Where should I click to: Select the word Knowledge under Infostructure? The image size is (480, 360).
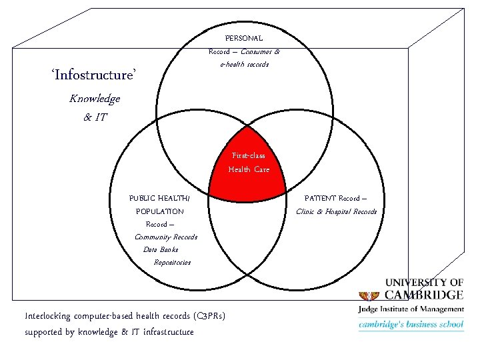point(95,99)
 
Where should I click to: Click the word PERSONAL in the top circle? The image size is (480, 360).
point(244,39)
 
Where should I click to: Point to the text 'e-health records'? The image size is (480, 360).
point(244,64)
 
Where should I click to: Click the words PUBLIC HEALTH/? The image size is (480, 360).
point(159,198)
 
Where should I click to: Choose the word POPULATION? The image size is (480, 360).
point(160,211)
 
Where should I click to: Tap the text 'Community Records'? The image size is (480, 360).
point(166,237)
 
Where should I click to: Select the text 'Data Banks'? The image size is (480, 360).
point(161,249)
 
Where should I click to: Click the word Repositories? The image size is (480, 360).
point(172,262)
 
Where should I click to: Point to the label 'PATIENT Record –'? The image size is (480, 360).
point(335,198)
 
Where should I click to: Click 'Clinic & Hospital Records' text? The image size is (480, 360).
point(337,211)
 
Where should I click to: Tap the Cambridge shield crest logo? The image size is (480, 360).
point(369,294)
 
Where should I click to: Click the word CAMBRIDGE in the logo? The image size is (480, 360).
point(423,295)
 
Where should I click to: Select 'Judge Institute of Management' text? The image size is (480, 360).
point(411,309)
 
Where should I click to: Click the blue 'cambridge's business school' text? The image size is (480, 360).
point(411,325)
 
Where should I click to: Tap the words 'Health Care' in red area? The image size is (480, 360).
point(249,169)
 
